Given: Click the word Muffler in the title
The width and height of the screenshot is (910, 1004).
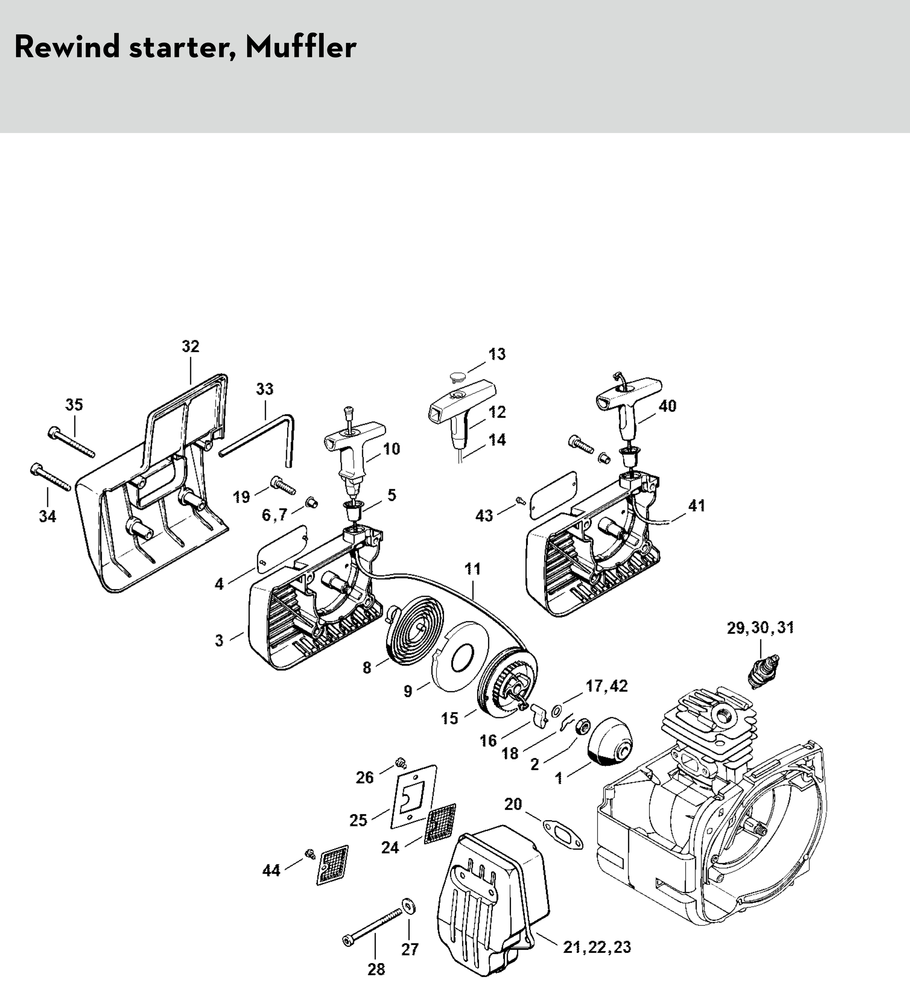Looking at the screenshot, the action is point(301,48).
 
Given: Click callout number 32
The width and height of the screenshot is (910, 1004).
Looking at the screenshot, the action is point(191,346).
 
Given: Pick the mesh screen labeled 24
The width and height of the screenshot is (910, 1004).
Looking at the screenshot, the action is point(440,823).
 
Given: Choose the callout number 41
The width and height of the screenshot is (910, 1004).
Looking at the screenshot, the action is point(696,506).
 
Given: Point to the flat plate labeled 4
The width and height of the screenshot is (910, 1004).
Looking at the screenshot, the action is point(282,547).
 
